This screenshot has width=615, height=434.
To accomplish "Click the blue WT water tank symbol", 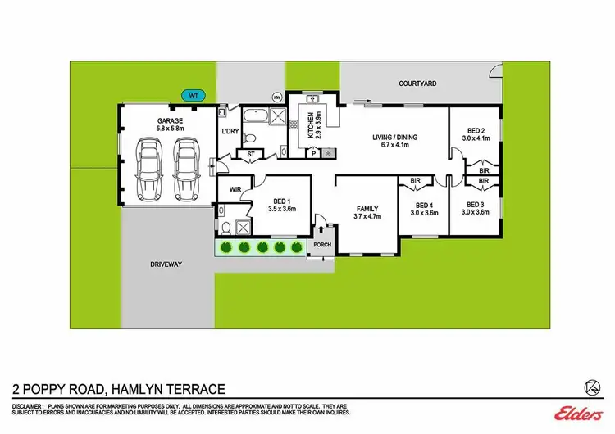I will [194, 95].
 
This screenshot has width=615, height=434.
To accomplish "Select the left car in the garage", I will [149, 170].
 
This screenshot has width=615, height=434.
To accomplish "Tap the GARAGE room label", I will [170, 120].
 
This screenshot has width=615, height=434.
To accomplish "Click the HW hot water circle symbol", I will [276, 97].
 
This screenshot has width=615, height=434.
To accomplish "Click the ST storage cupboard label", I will [250, 152].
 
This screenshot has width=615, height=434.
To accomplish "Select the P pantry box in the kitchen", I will [313, 152].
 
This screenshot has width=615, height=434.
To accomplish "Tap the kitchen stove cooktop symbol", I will [328, 152].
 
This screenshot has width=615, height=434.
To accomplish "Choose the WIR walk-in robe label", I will [235, 189].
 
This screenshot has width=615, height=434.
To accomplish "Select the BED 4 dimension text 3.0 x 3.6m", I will [424, 213].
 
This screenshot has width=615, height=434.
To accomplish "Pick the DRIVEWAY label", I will [165, 264].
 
